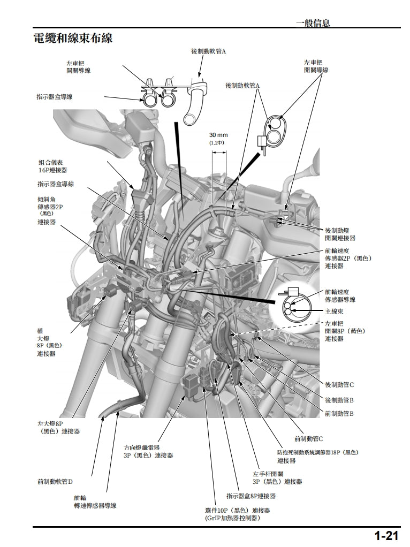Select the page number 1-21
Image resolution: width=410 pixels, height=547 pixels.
click(386, 536)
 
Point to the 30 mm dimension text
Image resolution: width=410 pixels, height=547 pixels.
click(218, 135)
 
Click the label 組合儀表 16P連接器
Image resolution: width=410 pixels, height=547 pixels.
click(53, 166)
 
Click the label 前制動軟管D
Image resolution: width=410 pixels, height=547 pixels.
click(55, 482)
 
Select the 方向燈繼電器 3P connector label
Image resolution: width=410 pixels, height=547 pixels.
click(148, 451)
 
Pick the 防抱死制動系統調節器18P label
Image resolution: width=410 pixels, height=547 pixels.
click(317, 456)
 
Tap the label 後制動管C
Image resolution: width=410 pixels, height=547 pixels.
click(339, 385)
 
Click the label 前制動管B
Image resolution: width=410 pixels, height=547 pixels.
click(339, 414)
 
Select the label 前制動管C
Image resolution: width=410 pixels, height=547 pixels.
click(308, 439)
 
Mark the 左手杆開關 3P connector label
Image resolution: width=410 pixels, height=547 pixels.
click(277, 477)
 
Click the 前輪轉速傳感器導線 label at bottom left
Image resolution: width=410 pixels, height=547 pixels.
click(95, 502)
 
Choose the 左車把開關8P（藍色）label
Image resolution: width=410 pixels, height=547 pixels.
click(345, 331)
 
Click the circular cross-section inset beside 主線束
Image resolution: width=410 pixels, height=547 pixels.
click(290, 306)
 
